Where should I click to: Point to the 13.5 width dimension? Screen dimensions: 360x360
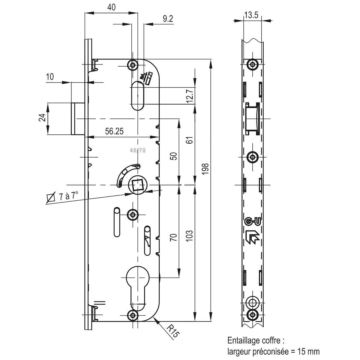tap(251, 15)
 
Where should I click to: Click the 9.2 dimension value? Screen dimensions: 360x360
tap(168, 19)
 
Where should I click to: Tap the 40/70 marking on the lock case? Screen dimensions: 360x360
tap(138, 151)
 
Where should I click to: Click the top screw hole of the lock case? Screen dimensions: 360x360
tap(133, 64)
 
